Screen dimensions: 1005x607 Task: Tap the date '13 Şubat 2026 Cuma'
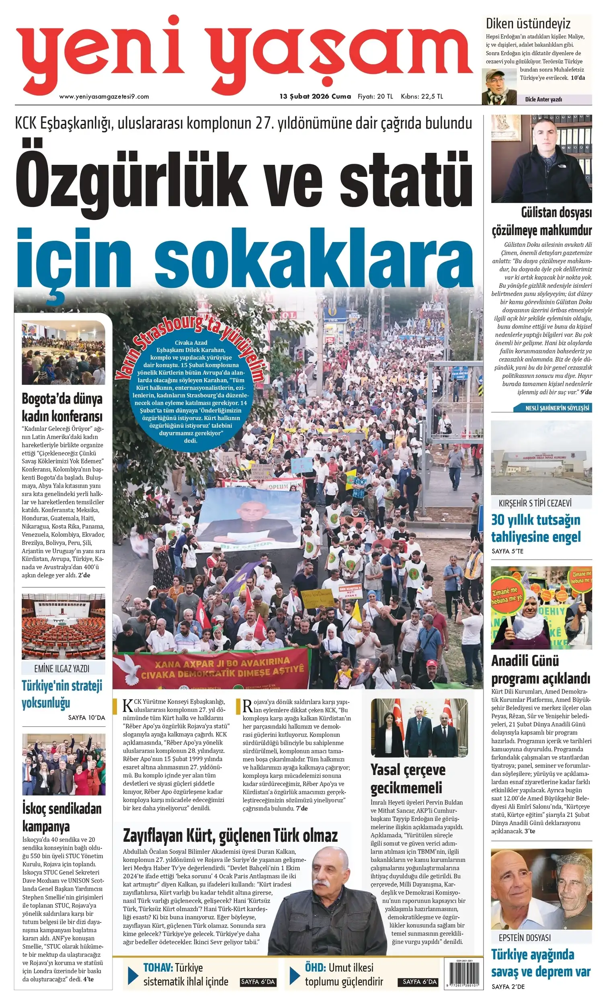coord(315,96)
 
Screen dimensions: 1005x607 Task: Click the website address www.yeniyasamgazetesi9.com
coord(104,96)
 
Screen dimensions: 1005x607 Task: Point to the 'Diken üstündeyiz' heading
coord(527,24)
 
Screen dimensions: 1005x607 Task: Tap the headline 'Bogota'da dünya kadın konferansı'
coord(62,408)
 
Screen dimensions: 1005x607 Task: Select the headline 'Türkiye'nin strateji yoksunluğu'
coord(62,694)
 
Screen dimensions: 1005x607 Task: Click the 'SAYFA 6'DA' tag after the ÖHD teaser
coord(419,982)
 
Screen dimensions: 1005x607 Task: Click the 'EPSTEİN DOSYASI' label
coord(525,938)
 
